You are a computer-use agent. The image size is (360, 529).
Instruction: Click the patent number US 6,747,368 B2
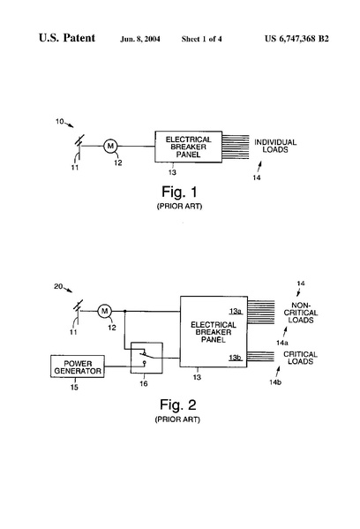(x=296, y=39)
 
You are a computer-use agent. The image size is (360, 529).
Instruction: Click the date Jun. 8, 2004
(x=140, y=39)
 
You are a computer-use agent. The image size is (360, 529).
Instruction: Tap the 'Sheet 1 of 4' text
(x=201, y=39)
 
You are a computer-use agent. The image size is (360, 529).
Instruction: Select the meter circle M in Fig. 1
(x=110, y=146)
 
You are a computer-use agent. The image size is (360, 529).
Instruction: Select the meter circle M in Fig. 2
(x=104, y=311)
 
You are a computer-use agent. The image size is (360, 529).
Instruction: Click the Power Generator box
(x=78, y=367)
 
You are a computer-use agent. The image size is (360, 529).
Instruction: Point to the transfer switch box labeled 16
(x=146, y=358)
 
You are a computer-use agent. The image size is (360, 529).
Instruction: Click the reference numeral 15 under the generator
(x=74, y=387)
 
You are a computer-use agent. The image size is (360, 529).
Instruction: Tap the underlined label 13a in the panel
(x=236, y=311)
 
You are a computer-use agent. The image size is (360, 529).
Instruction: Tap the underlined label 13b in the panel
(x=236, y=358)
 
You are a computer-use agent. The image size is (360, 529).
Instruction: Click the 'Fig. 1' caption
(x=179, y=192)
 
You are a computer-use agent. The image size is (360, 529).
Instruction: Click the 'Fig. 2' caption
(x=177, y=404)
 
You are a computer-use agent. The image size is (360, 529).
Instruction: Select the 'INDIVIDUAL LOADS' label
(x=275, y=146)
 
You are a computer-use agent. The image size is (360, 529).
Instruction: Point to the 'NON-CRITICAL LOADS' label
(x=301, y=313)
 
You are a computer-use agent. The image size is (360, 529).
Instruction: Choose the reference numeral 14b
(x=275, y=382)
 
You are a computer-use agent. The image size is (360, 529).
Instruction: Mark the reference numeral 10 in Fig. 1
(x=60, y=121)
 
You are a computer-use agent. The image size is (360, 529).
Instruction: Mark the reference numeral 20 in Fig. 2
(x=58, y=286)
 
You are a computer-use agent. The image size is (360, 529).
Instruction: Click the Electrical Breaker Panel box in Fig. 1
(x=189, y=147)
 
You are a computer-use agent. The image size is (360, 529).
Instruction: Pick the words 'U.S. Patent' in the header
(x=67, y=38)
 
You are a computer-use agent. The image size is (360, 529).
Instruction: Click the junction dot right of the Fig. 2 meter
(x=125, y=311)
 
